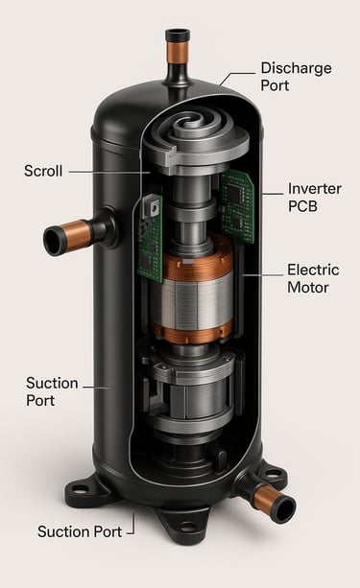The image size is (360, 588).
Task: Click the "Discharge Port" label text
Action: tap(297, 77)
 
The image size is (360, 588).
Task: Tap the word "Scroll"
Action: tap(43, 171)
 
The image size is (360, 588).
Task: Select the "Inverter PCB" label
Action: tap(315, 198)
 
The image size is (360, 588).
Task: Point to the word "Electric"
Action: tap(313, 270)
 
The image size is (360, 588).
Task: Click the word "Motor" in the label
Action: tap(308, 288)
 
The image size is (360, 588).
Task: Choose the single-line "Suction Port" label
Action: tap(80, 531)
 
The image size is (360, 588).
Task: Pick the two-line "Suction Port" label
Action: tap(52, 392)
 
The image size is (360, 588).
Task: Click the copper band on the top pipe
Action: tap(178, 52)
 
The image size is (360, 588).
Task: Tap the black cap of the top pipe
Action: tap(178, 35)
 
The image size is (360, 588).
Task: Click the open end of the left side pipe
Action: tap(54, 241)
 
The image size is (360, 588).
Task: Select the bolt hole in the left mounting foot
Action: tap(80, 488)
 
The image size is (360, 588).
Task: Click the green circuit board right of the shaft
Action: tap(236, 205)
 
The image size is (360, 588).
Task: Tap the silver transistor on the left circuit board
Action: tap(154, 206)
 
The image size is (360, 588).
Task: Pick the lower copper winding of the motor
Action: tap(191, 332)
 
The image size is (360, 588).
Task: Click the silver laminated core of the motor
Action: tap(191, 302)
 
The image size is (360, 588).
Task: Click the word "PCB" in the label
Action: tap(302, 206)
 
